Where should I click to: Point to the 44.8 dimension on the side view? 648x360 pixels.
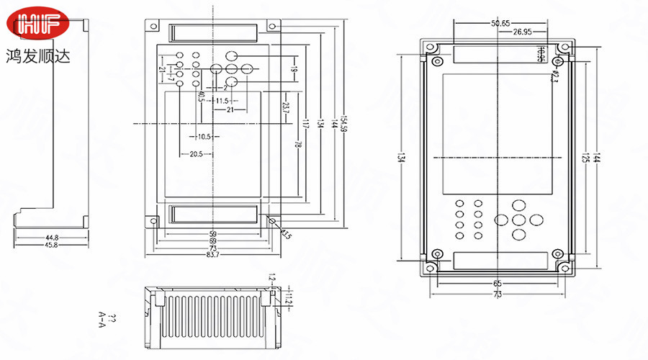click(52, 236)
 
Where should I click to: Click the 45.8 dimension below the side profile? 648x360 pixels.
click(52, 245)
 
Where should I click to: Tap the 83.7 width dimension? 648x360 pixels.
click(213, 255)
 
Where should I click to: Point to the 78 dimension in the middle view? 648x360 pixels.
click(297, 144)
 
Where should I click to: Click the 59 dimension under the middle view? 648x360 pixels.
click(213, 233)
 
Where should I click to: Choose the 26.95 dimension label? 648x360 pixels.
click(523, 32)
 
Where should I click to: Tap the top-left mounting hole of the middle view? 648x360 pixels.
click(153, 27)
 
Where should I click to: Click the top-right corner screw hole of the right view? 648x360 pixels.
click(565, 48)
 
